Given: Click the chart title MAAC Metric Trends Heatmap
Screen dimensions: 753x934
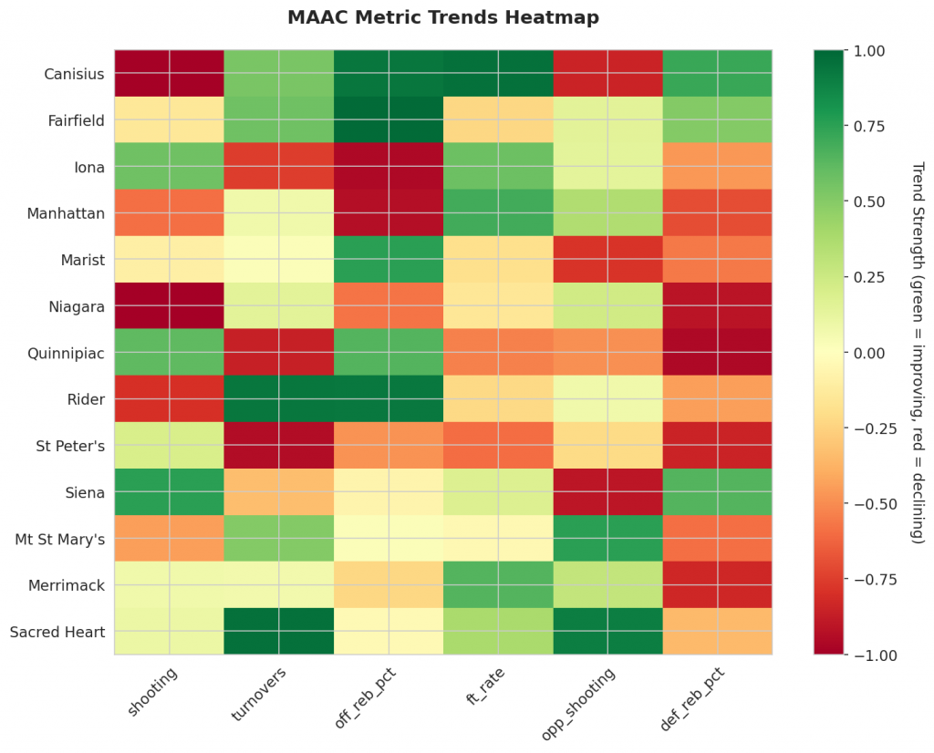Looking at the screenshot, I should coord(443,17).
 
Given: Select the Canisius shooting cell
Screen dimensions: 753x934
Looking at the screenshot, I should coord(169,73).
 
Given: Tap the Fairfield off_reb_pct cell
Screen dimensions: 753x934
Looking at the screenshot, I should coord(388,119).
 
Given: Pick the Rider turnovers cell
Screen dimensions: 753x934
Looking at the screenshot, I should coord(278,398).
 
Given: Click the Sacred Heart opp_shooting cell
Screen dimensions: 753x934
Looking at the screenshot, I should coord(607,631).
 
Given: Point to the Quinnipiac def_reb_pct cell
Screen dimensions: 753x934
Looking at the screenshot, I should coord(717,352).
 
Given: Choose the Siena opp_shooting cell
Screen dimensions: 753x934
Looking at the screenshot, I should coord(607,491).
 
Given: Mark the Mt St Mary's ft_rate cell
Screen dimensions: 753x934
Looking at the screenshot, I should coord(498,538).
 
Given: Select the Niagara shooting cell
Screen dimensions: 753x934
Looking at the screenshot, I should coord(169,305).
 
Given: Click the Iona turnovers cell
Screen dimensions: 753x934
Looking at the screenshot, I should coord(278,166).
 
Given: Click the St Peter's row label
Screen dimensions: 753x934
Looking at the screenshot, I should coord(70,445).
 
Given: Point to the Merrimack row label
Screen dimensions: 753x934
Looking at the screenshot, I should coord(67,584).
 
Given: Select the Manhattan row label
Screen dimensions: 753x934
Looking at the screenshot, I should coord(65,212).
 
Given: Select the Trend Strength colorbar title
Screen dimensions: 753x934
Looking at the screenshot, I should coord(918,353).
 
